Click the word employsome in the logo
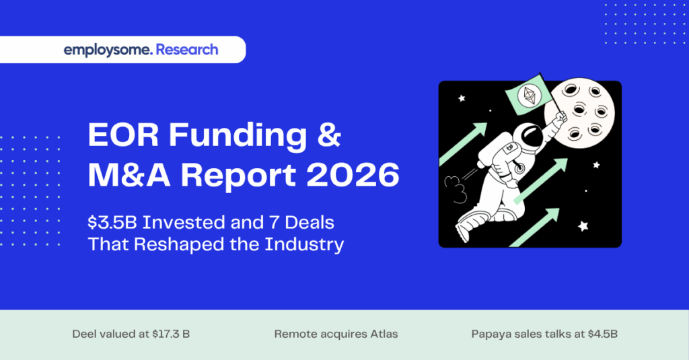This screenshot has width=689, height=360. click(108, 50)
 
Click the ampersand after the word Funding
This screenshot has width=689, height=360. click(328, 137)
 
